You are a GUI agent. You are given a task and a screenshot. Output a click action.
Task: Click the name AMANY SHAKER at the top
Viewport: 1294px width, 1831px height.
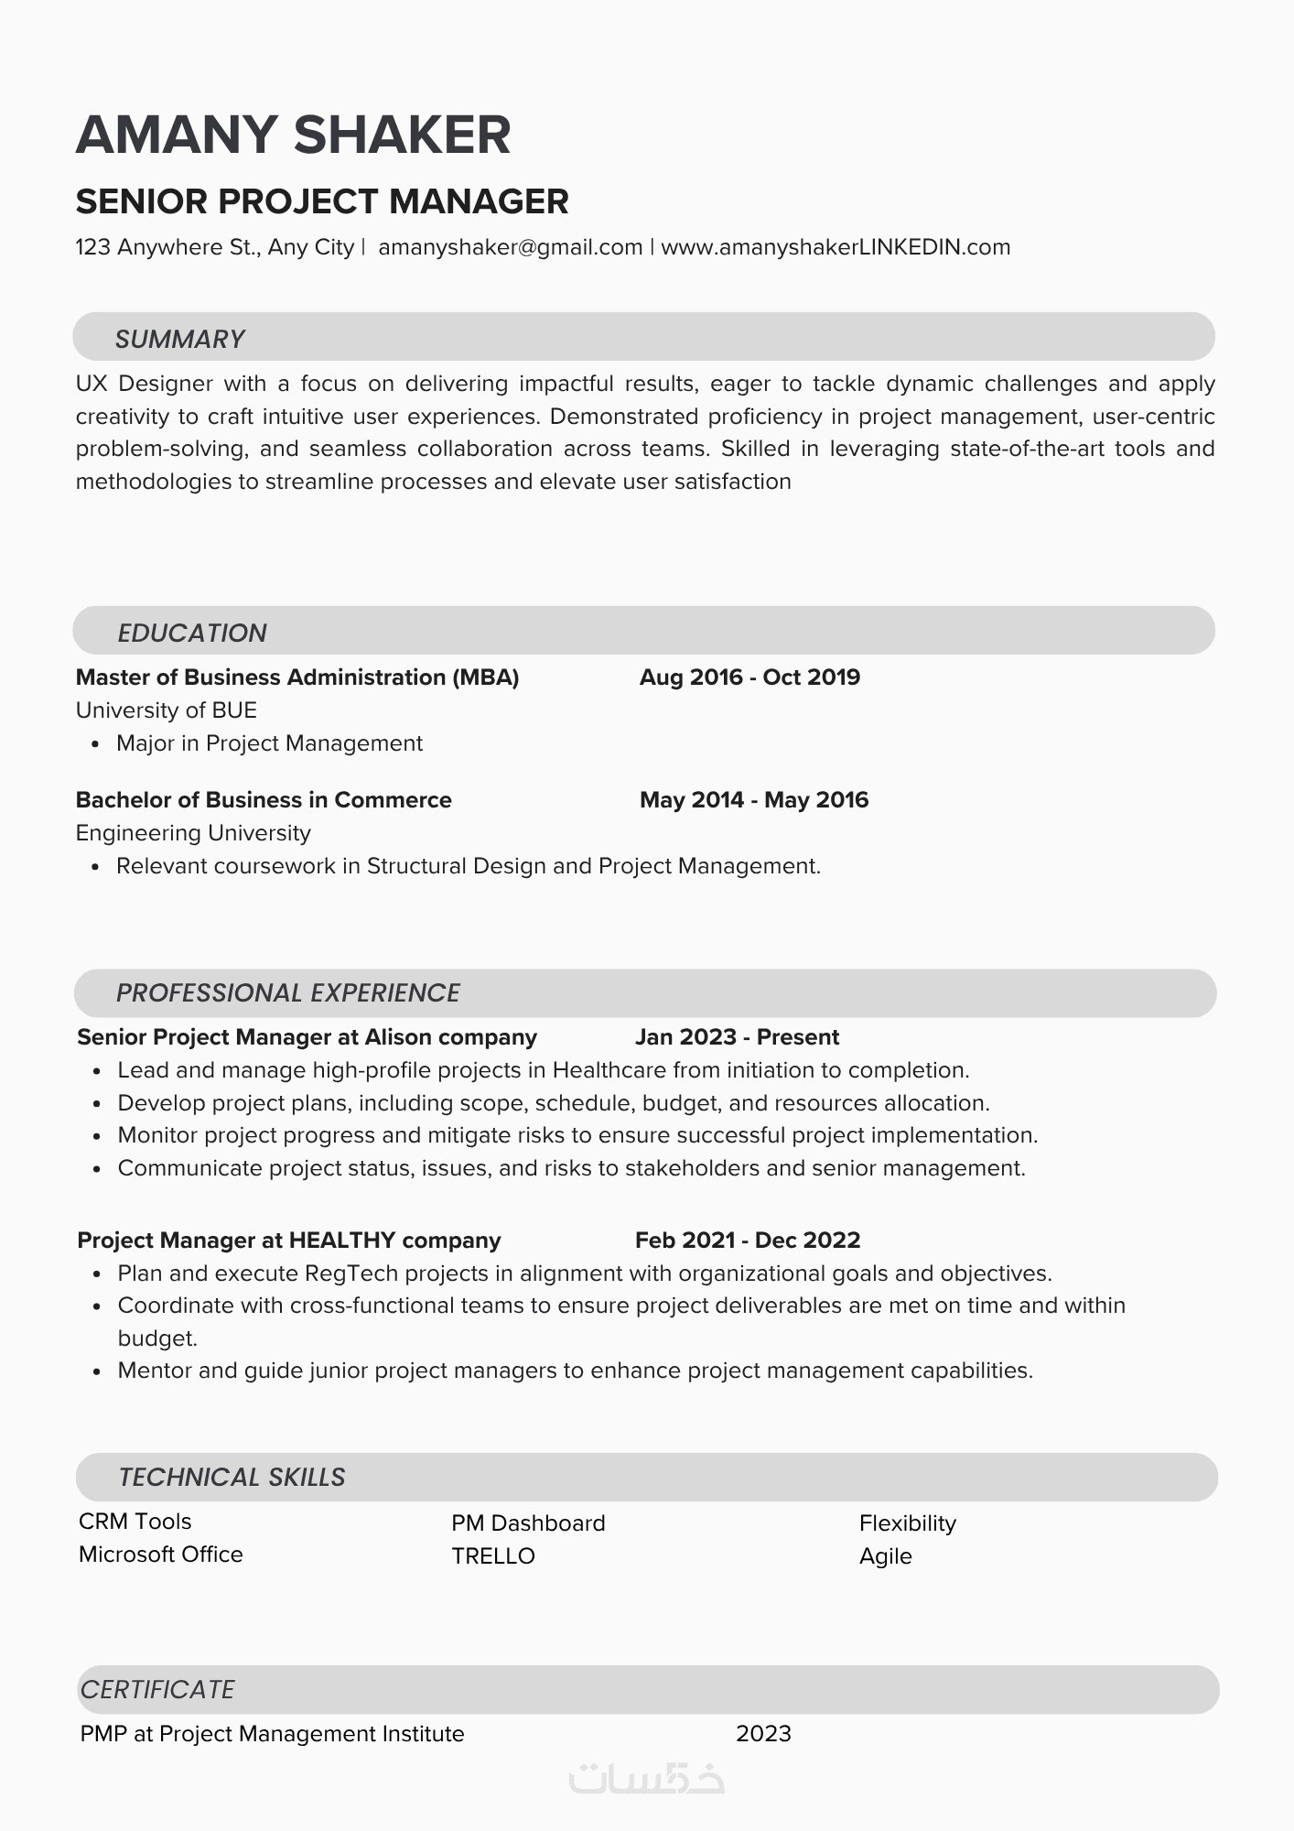click(293, 135)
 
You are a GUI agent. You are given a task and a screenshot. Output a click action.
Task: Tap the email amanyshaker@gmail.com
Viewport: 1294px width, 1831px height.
click(510, 247)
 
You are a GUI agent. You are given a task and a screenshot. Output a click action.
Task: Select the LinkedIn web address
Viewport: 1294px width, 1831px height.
click(836, 247)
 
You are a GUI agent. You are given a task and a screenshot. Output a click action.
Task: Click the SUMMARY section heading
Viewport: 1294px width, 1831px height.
click(179, 339)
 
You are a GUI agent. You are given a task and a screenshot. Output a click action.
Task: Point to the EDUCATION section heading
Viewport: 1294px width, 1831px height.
click(192, 633)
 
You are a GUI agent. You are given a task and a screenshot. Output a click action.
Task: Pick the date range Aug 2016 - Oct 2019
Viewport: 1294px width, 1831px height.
click(749, 677)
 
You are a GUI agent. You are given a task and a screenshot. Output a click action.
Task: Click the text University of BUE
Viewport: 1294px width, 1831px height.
click(166, 710)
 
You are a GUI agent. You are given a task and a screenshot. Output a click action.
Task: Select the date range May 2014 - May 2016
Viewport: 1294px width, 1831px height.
click(754, 800)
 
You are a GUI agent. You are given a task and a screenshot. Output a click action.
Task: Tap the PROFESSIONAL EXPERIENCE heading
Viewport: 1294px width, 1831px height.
click(287, 992)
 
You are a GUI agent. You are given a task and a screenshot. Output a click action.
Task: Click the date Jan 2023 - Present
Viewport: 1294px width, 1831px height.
click(737, 1037)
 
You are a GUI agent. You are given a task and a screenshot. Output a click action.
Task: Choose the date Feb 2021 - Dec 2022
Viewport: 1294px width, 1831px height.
click(748, 1241)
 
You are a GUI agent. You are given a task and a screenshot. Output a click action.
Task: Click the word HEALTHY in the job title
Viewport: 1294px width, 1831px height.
click(342, 1241)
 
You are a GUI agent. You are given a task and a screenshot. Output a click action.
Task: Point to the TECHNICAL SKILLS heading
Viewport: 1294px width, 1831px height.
click(232, 1477)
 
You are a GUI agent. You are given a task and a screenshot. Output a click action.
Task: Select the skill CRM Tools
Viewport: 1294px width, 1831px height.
click(135, 1522)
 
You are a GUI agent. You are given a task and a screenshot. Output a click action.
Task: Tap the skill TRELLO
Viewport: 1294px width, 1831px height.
click(493, 1556)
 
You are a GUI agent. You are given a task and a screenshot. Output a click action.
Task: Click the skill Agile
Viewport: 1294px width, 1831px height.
click(886, 1556)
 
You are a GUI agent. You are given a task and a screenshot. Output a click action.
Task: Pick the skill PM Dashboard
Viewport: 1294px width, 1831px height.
click(528, 1523)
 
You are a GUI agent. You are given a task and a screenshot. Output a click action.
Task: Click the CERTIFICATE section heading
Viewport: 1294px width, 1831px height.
click(157, 1689)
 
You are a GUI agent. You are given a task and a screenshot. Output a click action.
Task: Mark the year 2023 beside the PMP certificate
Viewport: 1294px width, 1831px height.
click(763, 1734)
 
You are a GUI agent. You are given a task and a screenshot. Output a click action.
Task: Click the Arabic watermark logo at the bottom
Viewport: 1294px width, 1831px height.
click(646, 1779)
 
